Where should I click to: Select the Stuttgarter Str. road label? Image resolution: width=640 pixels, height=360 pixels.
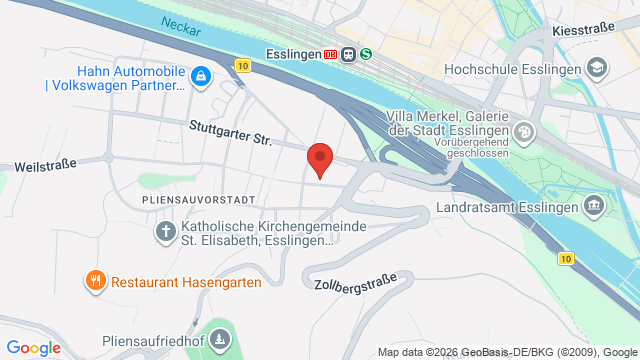click(231, 134)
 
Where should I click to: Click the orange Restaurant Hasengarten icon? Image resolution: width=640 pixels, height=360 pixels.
click(96, 282)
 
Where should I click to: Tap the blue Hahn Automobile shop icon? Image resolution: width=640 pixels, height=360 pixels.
click(201, 76)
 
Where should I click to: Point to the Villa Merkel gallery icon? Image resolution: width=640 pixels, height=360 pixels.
click(524, 131)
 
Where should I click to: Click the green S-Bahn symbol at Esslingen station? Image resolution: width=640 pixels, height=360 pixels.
click(366, 54)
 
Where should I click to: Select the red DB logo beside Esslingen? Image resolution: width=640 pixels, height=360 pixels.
click(331, 54)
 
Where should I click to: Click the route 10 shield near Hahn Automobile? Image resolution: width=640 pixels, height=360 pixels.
click(244, 66)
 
